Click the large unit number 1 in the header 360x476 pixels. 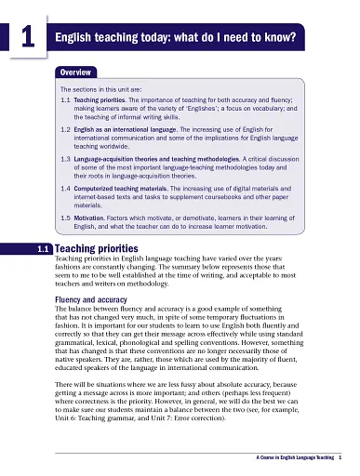click(29, 38)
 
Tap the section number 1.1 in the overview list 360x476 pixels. click(65, 98)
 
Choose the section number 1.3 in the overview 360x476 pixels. click(65, 158)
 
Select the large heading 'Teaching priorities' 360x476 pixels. click(98, 249)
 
